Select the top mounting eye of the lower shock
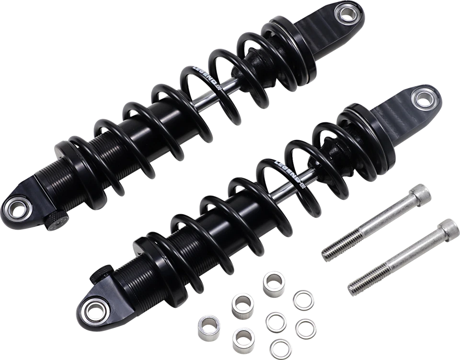tap(423, 100)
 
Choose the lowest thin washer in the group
tap(276, 346)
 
